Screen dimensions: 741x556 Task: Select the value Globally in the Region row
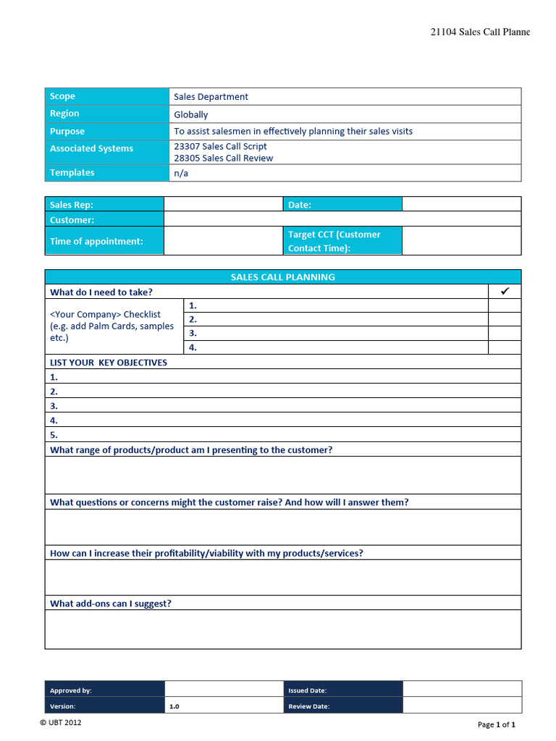[191, 114]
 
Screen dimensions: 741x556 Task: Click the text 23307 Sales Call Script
[220, 146]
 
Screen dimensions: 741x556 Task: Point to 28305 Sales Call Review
[223, 158]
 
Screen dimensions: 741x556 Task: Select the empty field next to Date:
[461, 204]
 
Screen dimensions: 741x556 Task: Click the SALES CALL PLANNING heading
[282, 277]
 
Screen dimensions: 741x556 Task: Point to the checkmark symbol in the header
[505, 291]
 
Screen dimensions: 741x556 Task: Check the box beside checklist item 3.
[505, 334]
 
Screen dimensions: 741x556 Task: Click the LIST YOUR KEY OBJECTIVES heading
[109, 363]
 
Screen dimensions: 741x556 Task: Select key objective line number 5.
[282, 435]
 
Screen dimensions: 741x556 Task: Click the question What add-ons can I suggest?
[111, 604]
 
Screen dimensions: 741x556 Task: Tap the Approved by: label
[71, 690]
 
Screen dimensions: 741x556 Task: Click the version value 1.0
[174, 706]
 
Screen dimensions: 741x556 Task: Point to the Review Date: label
[309, 706]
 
